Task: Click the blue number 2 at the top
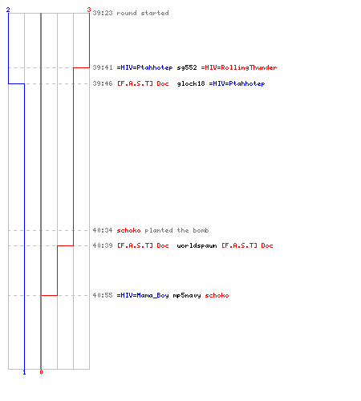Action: click(8, 10)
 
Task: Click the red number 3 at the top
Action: click(89, 10)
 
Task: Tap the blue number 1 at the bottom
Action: click(24, 372)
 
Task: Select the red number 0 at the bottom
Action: click(41, 372)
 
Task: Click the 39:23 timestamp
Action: click(103, 13)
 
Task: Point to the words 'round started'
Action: click(143, 13)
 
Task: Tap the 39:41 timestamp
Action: click(103, 67)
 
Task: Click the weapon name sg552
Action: click(187, 68)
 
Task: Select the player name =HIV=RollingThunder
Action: click(239, 68)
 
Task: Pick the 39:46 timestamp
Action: click(103, 83)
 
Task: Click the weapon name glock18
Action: click(191, 84)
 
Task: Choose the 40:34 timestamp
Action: click(103, 230)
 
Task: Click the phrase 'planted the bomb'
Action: click(176, 230)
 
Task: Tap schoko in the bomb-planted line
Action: click(128, 230)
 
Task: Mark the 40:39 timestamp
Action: click(103, 245)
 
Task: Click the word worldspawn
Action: click(197, 246)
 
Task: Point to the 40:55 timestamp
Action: click(103, 295)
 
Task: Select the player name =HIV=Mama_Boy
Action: click(143, 296)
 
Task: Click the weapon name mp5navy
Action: click(187, 296)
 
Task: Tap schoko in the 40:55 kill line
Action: click(217, 295)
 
